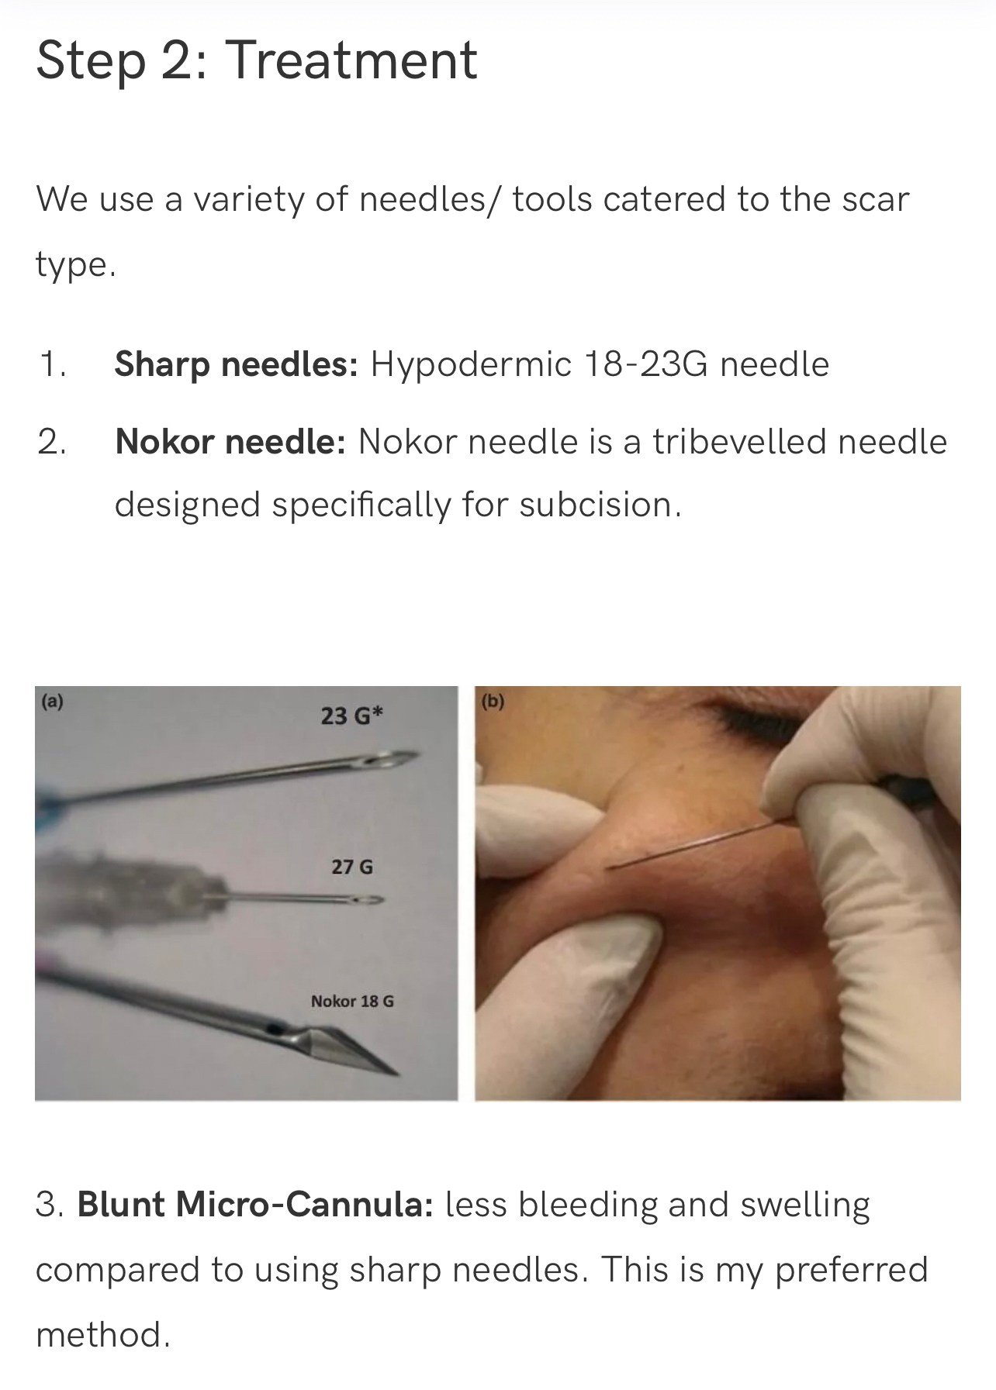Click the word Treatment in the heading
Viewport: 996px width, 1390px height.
pyautogui.click(x=351, y=60)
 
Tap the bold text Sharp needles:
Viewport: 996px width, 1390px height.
pyautogui.click(x=236, y=364)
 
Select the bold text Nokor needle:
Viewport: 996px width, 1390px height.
pyautogui.click(x=230, y=442)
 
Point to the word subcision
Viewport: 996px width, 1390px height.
pyautogui.click(x=599, y=505)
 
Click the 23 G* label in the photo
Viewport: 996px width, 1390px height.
pyautogui.click(x=351, y=716)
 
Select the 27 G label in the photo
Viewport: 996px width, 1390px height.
pyautogui.click(x=351, y=867)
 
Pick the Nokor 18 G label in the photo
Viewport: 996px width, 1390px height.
pyautogui.click(x=351, y=1001)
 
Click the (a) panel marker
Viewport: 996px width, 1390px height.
pyautogui.click(x=52, y=702)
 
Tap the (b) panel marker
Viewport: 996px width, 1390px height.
pyautogui.click(x=492, y=702)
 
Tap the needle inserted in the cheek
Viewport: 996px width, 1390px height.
pyautogui.click(x=690, y=846)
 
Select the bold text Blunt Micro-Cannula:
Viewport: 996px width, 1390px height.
pyautogui.click(x=254, y=1204)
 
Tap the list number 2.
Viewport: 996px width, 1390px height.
pyautogui.click(x=51, y=442)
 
